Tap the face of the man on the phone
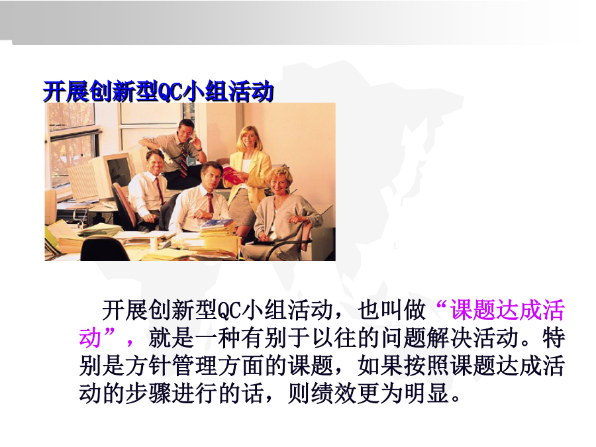click(186, 131)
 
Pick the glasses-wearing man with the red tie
click(148, 190)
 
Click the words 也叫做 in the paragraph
click(391, 310)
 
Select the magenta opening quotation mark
click(440, 305)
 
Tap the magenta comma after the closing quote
click(130, 343)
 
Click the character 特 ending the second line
click(554, 338)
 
